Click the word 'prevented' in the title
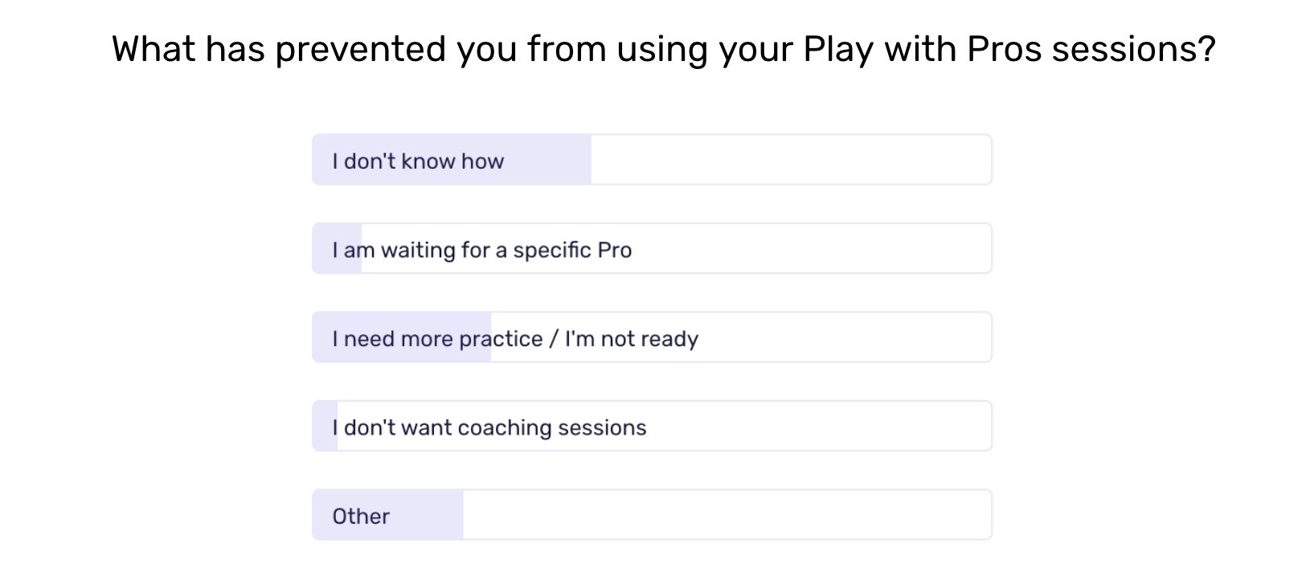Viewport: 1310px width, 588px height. tap(361, 50)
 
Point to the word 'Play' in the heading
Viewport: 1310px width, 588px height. tap(838, 50)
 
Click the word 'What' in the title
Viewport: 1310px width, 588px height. tap(154, 48)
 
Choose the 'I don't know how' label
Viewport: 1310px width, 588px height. tap(418, 161)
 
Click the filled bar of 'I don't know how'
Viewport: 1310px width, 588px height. tap(452, 160)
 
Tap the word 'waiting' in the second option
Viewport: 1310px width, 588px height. tap(418, 251)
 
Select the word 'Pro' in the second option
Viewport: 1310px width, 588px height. tap(614, 250)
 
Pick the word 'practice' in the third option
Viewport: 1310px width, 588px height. tap(501, 340)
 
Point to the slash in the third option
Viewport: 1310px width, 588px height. tap(553, 339)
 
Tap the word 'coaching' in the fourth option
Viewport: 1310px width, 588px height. tap(505, 428)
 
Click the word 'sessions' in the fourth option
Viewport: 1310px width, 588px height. tap(602, 428)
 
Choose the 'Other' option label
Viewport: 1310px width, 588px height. tap(361, 517)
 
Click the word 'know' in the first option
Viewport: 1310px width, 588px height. tap(428, 161)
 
